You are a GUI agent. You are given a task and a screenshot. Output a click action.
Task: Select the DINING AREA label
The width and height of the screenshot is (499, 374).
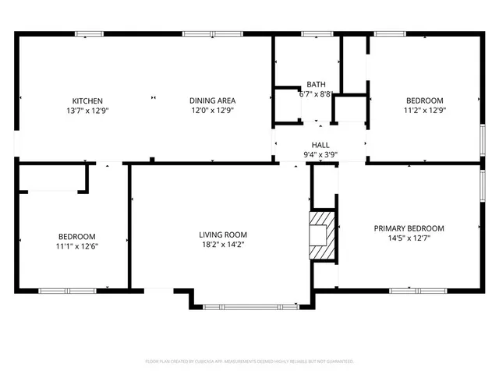213,101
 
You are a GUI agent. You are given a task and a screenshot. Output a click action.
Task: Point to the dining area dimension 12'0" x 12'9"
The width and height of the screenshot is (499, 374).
213,111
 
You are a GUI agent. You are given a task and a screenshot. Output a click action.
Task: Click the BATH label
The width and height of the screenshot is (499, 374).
316,84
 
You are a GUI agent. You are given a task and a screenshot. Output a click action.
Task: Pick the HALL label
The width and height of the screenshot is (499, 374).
320,145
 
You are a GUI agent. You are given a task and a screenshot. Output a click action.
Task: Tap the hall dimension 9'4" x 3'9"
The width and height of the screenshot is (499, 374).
320,154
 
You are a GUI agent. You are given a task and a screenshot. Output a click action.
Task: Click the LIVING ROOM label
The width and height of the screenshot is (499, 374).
223,235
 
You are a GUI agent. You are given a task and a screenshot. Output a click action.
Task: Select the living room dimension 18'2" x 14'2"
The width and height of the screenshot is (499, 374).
223,245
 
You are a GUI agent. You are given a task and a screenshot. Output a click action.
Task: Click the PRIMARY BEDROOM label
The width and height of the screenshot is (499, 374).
409,228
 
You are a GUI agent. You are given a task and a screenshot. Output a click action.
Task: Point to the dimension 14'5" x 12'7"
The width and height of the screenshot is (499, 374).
409,238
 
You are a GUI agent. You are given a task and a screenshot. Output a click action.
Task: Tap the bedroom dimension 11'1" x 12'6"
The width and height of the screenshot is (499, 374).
76,246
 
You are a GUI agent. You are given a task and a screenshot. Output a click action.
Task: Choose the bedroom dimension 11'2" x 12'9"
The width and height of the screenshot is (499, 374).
424,111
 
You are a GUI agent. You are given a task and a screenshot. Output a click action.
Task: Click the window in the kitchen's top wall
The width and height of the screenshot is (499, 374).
90,34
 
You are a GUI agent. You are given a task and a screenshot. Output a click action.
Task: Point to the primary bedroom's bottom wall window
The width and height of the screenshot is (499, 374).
412,290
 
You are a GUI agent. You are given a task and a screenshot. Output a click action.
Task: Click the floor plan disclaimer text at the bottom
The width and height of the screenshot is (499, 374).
249,362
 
